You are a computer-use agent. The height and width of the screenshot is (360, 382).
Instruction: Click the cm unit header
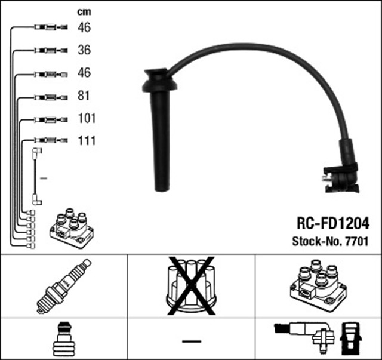(x=84, y=12)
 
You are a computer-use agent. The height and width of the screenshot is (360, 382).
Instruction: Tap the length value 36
(x=84, y=50)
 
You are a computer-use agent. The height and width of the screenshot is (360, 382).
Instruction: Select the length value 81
(x=84, y=96)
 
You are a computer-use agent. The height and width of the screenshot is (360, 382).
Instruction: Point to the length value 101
(x=87, y=118)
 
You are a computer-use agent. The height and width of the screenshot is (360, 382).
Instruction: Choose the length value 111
(x=87, y=141)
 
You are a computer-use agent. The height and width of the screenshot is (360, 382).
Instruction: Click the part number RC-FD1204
(x=332, y=223)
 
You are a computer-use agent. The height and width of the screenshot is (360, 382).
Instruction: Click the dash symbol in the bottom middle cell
(x=191, y=341)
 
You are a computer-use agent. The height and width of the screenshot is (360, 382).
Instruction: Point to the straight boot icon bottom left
(x=63, y=340)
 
